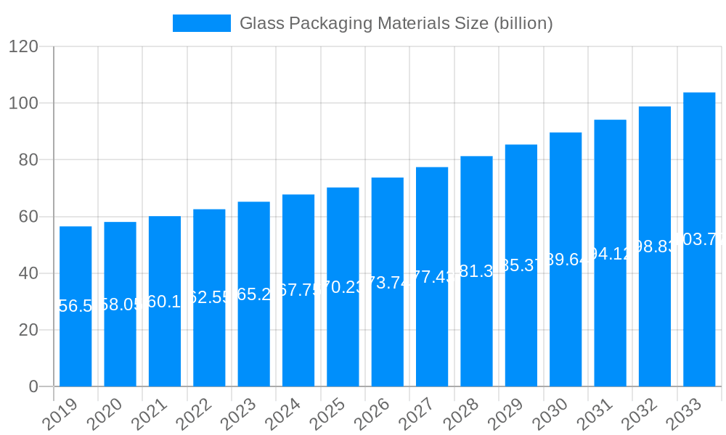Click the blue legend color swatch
201,23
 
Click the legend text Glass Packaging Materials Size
396,23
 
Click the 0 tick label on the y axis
33,387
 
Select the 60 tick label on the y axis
28,217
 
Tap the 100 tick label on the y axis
23,104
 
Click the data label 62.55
209,298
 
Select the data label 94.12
610,253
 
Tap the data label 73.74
388,283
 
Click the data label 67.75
298,291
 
